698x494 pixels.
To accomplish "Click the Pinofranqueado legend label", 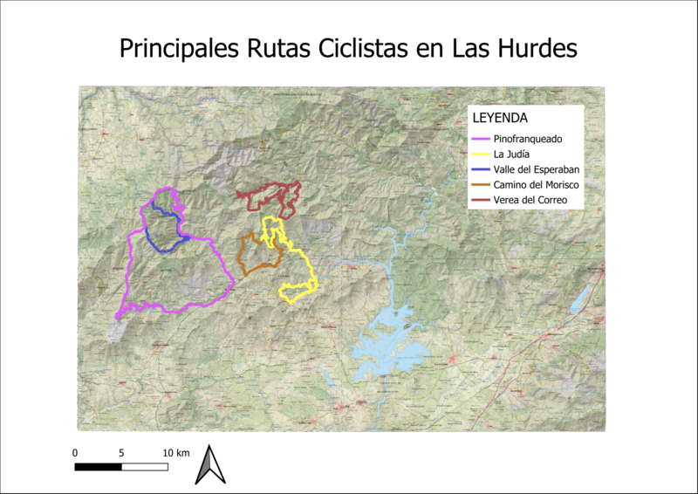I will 528,139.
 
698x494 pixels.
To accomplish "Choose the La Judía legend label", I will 512,154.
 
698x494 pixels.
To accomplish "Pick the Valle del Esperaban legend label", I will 537,169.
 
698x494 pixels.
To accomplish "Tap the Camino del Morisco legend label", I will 536,185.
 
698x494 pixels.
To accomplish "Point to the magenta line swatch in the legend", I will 480,139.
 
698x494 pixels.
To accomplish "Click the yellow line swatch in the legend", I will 480,154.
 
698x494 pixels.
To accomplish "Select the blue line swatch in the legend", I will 480,169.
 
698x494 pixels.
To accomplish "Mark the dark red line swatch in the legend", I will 480,201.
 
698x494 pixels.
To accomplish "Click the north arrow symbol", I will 209,464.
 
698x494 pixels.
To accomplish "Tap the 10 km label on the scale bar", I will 175,453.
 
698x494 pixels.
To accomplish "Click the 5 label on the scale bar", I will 121,453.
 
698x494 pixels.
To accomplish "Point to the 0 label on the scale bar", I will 75,453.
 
